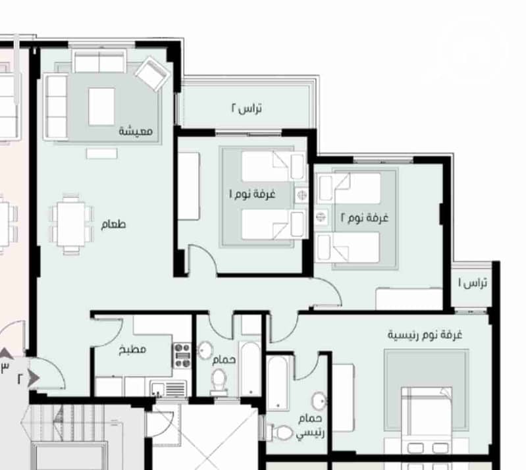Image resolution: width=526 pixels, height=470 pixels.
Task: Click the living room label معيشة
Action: click(136, 131)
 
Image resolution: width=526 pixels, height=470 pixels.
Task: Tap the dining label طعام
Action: click(113, 224)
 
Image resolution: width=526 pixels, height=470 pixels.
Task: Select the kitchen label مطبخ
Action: click(133, 350)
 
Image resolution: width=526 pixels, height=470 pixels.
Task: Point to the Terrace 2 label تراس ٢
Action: click(247, 108)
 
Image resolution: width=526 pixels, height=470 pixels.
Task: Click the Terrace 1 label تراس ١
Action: click(473, 284)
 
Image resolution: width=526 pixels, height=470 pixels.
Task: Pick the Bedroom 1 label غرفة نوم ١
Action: click(252, 194)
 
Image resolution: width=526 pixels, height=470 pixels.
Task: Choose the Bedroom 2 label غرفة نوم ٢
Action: click(364, 218)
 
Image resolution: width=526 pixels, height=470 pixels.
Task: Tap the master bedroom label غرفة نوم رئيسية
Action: click(425, 335)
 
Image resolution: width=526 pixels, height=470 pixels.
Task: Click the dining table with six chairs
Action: click(71, 224)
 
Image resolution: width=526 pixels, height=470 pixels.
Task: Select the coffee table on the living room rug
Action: click(101, 107)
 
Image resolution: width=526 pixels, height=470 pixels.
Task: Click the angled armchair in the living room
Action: click(152, 74)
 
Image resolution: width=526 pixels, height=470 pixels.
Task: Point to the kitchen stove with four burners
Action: click(182, 355)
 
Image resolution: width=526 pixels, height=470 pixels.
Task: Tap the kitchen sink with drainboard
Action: click(169, 389)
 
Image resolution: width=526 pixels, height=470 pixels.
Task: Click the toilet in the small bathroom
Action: click(219, 382)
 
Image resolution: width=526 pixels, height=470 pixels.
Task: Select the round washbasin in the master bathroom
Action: click(319, 401)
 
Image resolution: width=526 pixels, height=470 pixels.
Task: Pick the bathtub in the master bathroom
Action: click(278, 382)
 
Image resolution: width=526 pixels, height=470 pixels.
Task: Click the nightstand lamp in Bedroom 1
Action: click(302, 195)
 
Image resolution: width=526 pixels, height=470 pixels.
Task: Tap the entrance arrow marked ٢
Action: click(33, 378)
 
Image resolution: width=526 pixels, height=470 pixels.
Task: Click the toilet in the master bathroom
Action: click(280, 432)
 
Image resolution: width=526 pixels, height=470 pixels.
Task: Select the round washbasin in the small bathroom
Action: click(205, 350)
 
